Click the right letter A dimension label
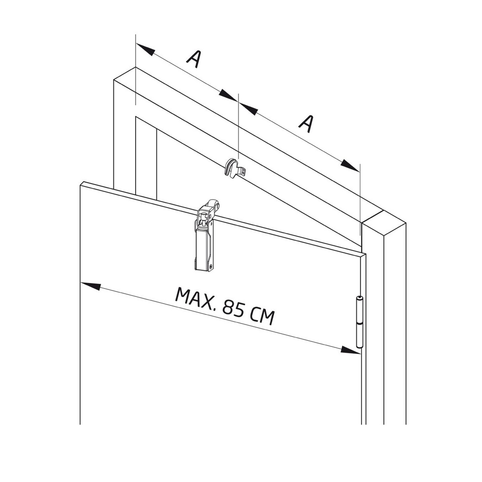pyautogui.click(x=306, y=123)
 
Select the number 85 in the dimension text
pyautogui.click(x=233, y=309)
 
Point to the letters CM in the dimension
pyautogui.click(x=262, y=316)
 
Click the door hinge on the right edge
pyautogui.click(x=359, y=322)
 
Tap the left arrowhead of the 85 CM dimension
pyautogui.click(x=90, y=286)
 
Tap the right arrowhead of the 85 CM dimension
pyautogui.click(x=350, y=350)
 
